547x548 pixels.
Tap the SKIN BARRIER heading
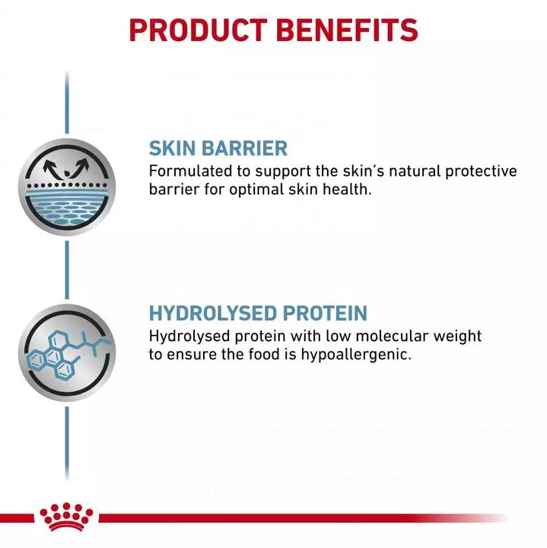[x=218, y=148]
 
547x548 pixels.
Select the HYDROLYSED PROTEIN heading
[x=258, y=313]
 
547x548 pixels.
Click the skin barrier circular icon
[x=66, y=187]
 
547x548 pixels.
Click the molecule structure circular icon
[x=66, y=352]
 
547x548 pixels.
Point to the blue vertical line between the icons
[x=67, y=270]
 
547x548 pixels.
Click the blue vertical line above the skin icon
[x=67, y=103]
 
